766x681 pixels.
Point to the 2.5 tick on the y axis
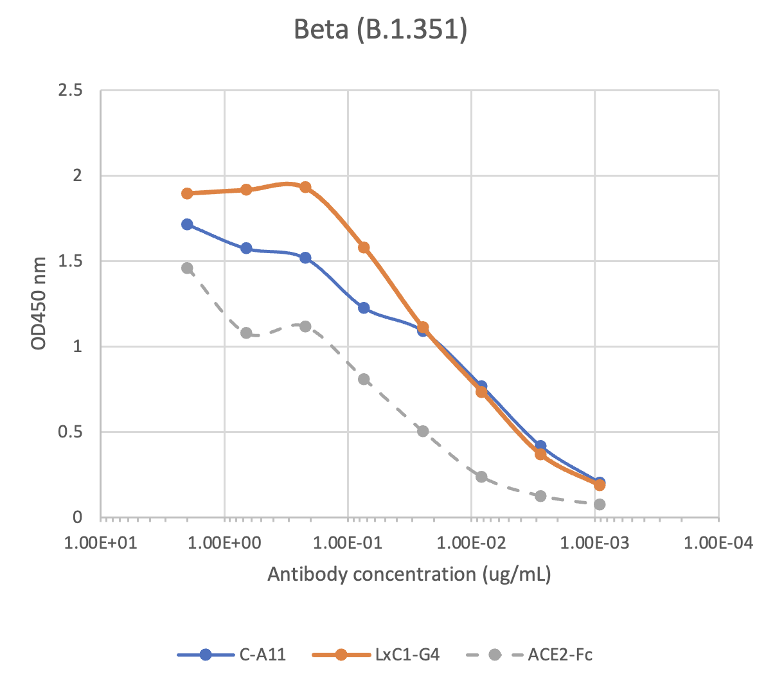tap(71, 91)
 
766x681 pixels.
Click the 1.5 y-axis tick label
tap(71, 261)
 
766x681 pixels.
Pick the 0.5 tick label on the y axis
tap(71, 432)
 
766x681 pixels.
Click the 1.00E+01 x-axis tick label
tap(102, 544)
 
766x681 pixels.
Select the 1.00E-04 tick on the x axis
tap(718, 544)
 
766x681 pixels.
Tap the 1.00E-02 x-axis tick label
tap(472, 544)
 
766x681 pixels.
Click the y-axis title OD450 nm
tap(39, 303)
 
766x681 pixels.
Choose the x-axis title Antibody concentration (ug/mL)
tap(409, 574)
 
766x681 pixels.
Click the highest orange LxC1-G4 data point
tap(305, 188)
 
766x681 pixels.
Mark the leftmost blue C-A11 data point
tap(187, 224)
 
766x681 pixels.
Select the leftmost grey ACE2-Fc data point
tap(187, 268)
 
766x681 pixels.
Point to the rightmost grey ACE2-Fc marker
tap(600, 504)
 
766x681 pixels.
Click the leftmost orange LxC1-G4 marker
tap(187, 193)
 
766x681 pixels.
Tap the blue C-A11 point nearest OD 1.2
tap(364, 308)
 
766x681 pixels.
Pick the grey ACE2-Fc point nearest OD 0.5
tap(423, 431)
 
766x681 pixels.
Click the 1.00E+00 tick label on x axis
tap(225, 544)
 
